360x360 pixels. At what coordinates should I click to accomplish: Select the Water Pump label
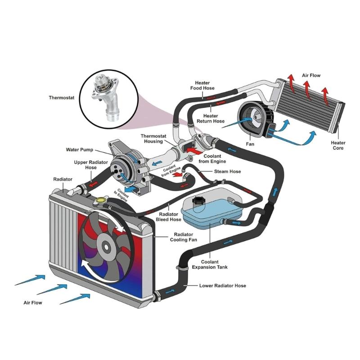click(x=80, y=150)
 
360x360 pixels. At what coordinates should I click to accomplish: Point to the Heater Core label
click(x=338, y=145)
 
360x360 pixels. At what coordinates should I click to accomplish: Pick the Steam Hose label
click(x=227, y=171)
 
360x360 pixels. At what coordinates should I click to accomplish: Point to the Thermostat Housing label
click(x=154, y=139)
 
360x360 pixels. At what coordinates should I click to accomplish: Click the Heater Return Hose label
click(x=210, y=118)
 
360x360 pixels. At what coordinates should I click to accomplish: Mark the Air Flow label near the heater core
click(x=311, y=76)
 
